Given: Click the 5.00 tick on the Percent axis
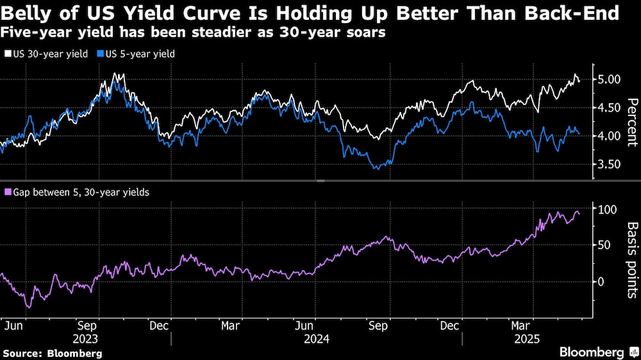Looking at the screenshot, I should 609,79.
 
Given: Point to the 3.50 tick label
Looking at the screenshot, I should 609,164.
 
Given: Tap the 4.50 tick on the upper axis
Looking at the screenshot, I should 609,108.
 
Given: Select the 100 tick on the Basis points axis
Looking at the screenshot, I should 606,209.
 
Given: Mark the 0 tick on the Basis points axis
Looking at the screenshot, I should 601,281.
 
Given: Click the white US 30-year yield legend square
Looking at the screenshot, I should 8,54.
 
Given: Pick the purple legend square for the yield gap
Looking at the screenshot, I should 8,192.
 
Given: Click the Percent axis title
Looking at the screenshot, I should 632,122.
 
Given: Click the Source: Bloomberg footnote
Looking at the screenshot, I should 53,353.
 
